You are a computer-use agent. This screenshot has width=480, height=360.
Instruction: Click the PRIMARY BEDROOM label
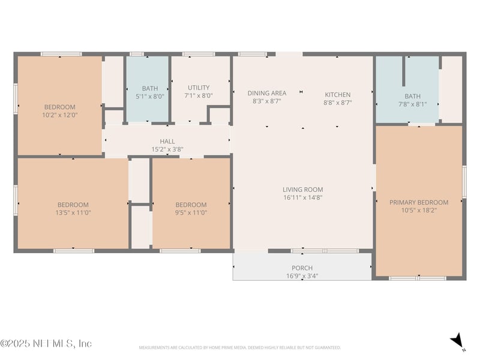point(419,203)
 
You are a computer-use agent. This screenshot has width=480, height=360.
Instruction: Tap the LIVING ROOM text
point(303,190)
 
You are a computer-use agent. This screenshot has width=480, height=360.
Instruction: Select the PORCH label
point(302,268)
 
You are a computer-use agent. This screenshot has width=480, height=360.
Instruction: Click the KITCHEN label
point(338,95)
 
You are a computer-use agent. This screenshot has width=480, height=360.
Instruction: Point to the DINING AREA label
point(267,93)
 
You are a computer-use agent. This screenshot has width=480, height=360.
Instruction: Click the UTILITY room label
point(199,88)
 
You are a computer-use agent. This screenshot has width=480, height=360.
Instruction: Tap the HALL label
point(167,142)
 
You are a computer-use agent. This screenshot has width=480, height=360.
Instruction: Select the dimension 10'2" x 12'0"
point(60,115)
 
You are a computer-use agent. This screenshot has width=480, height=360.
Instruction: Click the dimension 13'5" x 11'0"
point(73,212)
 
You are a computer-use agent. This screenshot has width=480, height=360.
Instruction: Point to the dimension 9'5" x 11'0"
point(191,212)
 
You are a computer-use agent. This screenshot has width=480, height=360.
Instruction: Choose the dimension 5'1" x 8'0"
point(150,96)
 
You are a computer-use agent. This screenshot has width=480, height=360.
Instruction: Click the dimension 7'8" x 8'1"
point(413,104)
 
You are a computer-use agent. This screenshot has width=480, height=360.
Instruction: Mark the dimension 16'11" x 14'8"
point(303,198)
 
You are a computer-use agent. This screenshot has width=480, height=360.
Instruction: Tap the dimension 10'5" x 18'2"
point(419,211)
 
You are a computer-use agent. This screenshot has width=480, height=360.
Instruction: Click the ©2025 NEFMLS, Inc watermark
point(46,344)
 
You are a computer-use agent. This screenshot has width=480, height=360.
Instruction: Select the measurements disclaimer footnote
point(240,347)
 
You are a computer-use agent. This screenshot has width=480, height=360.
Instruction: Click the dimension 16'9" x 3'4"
point(302,276)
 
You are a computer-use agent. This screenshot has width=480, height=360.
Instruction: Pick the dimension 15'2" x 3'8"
point(167,149)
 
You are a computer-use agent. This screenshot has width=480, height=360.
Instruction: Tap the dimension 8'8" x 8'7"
point(338,103)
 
